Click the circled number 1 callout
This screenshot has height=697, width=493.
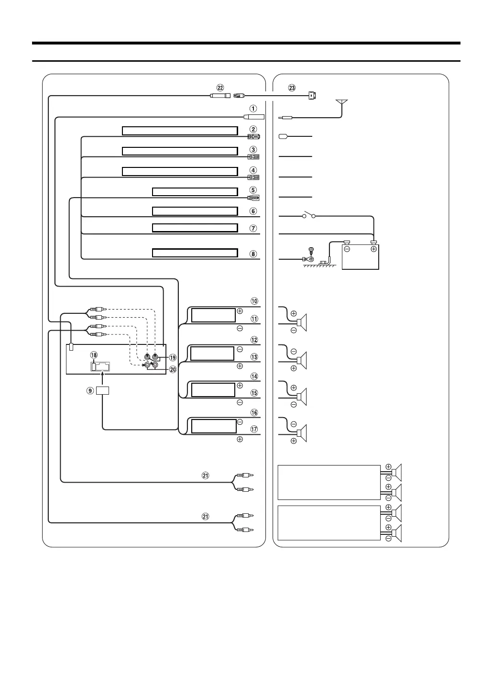click(253, 109)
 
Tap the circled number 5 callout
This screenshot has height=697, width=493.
click(253, 190)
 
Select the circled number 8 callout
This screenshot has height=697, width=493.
click(253, 254)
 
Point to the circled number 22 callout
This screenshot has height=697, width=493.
click(220, 88)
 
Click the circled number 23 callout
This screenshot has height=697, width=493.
click(292, 88)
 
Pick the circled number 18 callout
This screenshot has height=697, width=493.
click(94, 355)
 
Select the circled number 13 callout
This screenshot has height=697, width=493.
click(254, 357)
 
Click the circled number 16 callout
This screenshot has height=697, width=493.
click(254, 412)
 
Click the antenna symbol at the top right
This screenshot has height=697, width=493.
click(342, 103)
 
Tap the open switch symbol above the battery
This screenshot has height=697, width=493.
click(309, 216)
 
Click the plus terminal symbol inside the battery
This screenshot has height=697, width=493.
click(373, 249)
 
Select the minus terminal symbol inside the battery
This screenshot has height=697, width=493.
click(348, 249)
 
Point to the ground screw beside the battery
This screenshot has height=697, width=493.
click(309, 252)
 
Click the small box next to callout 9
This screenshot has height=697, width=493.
click(103, 390)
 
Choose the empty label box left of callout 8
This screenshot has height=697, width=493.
click(195, 253)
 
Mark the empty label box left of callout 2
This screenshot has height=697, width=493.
click(180, 131)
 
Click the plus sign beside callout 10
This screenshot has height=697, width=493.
click(240, 311)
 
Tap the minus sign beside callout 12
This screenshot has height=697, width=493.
click(240, 349)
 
